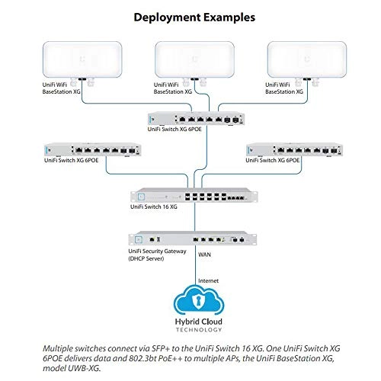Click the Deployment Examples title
pyautogui.click(x=190, y=16)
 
